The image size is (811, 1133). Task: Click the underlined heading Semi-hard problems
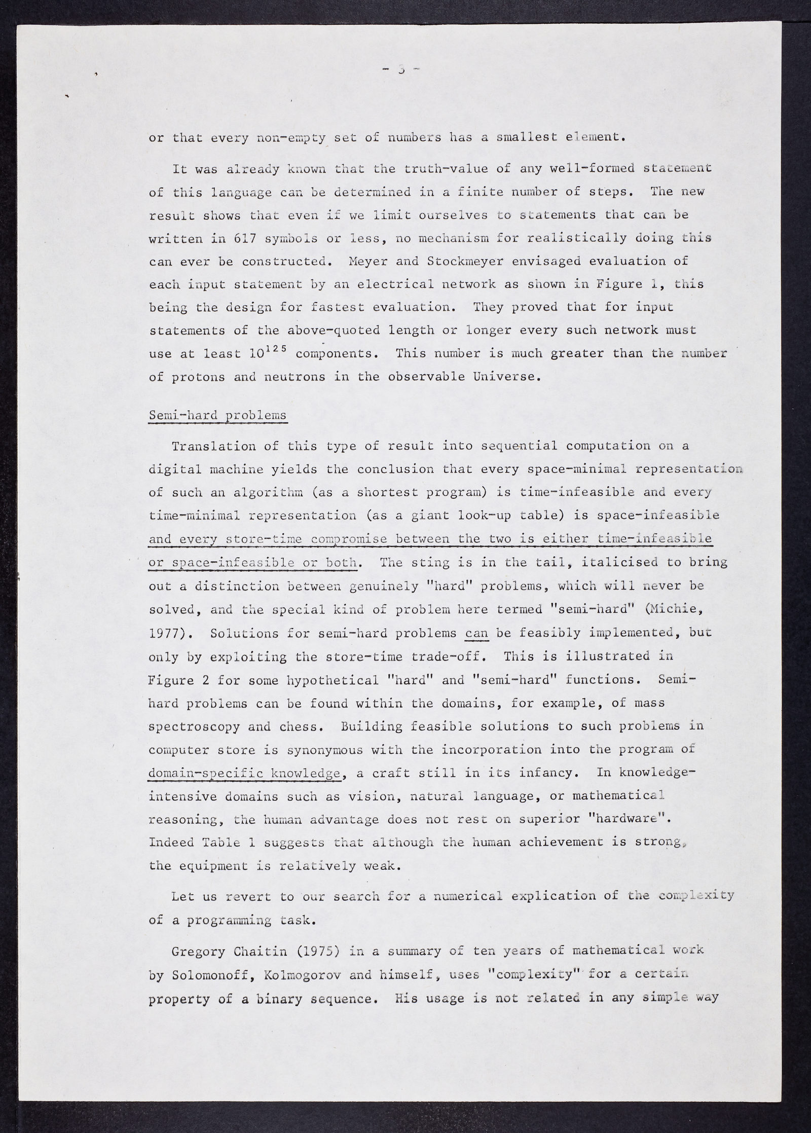point(218,416)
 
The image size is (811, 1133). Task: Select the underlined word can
point(476,633)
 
